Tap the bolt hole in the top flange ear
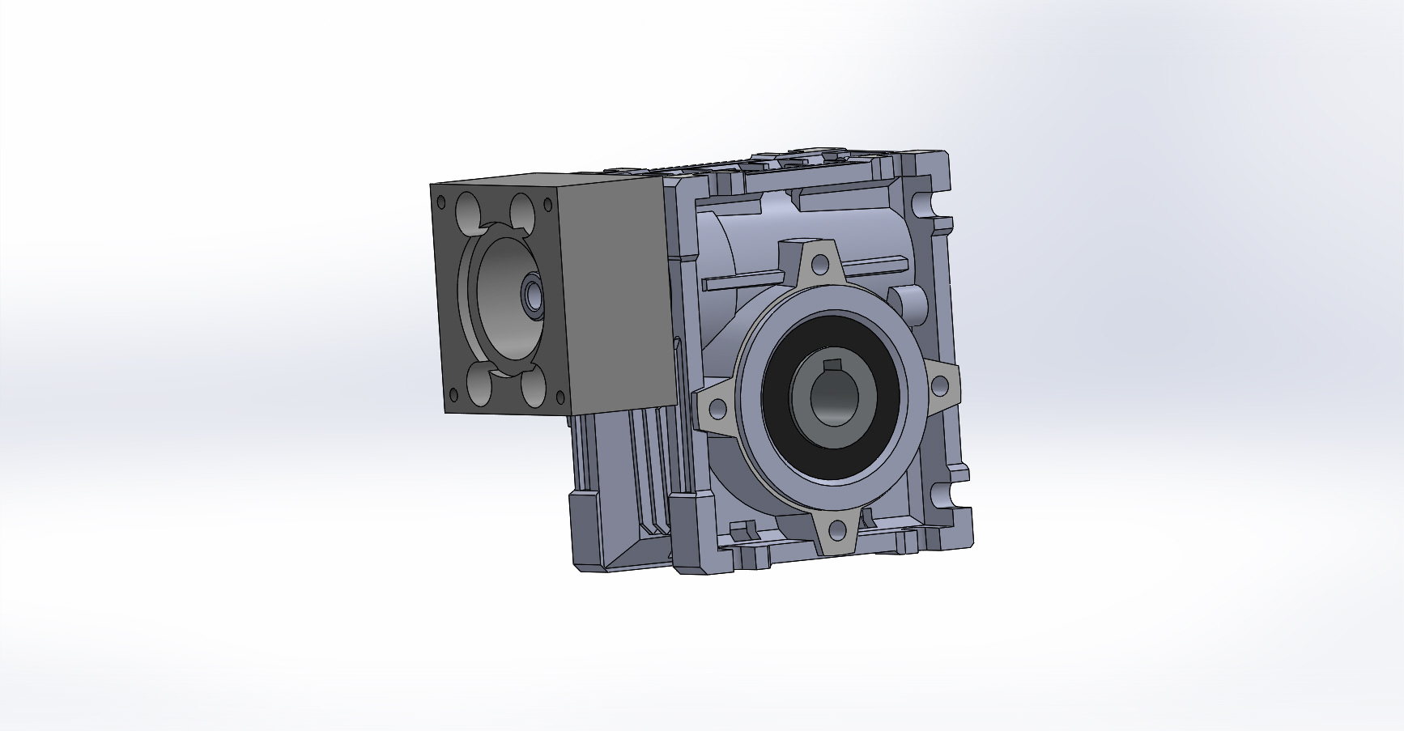point(820,263)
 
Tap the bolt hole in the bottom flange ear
point(837,530)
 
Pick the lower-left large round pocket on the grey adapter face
point(477,384)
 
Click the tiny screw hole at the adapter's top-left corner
point(441,201)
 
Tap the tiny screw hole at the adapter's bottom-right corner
point(558,397)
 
